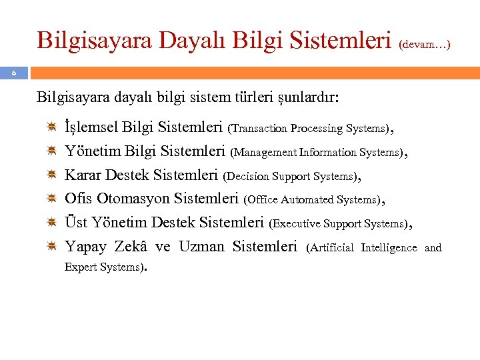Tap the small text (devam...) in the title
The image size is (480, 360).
(425, 45)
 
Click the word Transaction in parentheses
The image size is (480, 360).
(259, 128)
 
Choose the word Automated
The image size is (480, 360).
(308, 199)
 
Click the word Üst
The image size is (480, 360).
(76, 223)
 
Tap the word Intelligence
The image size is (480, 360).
(389, 248)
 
